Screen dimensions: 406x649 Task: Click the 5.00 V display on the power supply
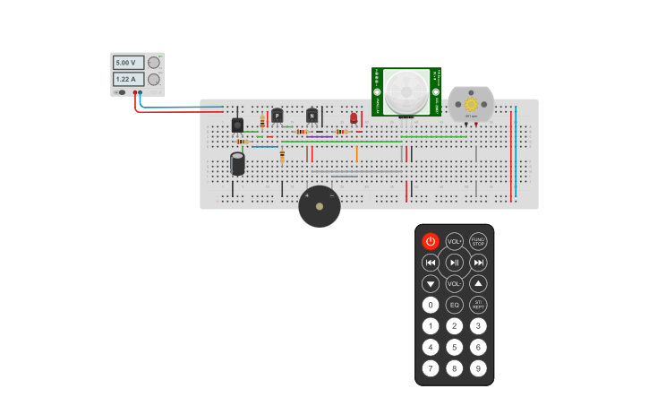point(127,63)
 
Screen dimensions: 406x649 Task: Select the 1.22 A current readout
point(127,79)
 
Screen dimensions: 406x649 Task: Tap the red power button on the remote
point(431,241)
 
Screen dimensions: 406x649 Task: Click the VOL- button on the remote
point(455,283)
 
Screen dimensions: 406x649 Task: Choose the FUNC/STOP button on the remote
point(479,241)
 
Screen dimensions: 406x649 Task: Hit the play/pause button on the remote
point(455,263)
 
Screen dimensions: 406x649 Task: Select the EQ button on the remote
point(455,305)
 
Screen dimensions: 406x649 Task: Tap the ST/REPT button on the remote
point(479,305)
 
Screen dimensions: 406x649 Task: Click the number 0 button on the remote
point(431,305)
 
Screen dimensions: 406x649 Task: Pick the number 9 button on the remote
point(479,367)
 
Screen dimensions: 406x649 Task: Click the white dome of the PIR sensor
point(406,91)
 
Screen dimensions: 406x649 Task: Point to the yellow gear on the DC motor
point(471,104)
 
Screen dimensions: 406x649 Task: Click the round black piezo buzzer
point(320,207)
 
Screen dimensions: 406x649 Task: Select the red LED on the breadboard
point(354,117)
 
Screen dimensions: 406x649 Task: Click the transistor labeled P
point(278,115)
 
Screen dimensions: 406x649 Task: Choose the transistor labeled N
point(312,115)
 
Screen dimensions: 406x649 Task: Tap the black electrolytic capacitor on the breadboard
point(237,163)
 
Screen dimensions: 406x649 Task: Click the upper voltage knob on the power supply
point(154,63)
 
